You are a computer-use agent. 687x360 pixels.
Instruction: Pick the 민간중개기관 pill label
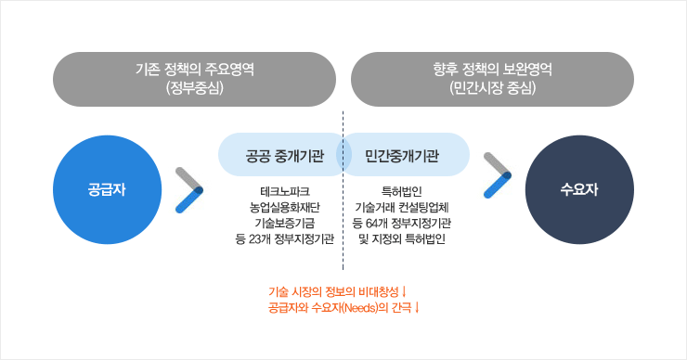[402, 156]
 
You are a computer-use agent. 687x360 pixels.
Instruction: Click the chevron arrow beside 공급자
[190, 189]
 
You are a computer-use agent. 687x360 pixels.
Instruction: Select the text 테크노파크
[285, 192]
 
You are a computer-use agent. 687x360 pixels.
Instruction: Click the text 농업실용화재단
[285, 208]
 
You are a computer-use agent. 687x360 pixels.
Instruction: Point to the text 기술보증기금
[285, 224]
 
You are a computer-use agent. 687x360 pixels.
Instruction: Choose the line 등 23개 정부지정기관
[285, 239]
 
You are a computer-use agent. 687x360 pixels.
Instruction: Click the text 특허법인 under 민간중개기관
[402, 192]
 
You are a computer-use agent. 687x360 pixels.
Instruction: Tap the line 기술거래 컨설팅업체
[402, 208]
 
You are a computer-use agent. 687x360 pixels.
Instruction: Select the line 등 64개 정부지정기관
[402, 224]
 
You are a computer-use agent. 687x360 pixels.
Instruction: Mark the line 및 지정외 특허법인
[402, 239]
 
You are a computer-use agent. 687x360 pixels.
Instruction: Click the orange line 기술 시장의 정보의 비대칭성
[343, 291]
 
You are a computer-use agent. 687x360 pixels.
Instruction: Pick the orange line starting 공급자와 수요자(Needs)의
[343, 306]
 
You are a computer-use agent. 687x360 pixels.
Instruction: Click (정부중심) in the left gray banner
[195, 88]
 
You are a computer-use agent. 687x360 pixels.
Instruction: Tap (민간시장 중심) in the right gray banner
[492, 88]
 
